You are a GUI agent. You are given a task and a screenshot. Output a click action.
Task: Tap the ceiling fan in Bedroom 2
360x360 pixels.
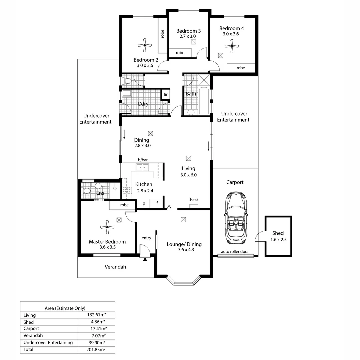145,45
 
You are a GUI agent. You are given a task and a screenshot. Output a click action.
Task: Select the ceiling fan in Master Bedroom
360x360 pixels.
107,227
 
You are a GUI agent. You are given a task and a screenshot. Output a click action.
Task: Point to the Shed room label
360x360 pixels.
278,233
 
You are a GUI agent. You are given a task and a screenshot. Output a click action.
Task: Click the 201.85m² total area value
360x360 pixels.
96,350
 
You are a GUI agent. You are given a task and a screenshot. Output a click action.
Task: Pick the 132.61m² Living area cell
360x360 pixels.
96,315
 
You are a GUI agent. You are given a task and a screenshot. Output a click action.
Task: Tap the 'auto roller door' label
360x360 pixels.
235,252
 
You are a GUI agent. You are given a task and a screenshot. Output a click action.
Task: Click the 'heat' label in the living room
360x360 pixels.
194,200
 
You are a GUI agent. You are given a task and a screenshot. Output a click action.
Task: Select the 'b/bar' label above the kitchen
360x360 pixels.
143,160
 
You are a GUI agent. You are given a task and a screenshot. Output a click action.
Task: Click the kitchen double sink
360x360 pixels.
143,167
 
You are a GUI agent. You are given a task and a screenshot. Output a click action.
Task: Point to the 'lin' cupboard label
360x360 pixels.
166,95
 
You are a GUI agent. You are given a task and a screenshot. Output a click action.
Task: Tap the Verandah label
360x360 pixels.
115,267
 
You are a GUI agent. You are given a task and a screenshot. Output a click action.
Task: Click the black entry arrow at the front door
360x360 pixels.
145,259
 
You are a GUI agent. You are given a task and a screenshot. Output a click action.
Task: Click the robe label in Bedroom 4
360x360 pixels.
240,68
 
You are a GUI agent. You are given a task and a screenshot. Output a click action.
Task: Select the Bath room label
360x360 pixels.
191,94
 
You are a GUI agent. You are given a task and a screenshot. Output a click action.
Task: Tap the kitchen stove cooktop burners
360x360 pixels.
127,190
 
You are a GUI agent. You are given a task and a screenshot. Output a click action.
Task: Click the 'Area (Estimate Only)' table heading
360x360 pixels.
65,308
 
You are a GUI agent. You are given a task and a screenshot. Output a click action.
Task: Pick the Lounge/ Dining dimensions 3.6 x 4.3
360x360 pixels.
184,250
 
